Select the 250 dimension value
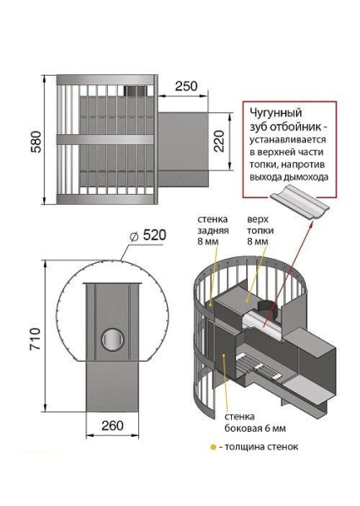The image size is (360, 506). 187,86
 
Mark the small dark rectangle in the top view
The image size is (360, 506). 135,90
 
